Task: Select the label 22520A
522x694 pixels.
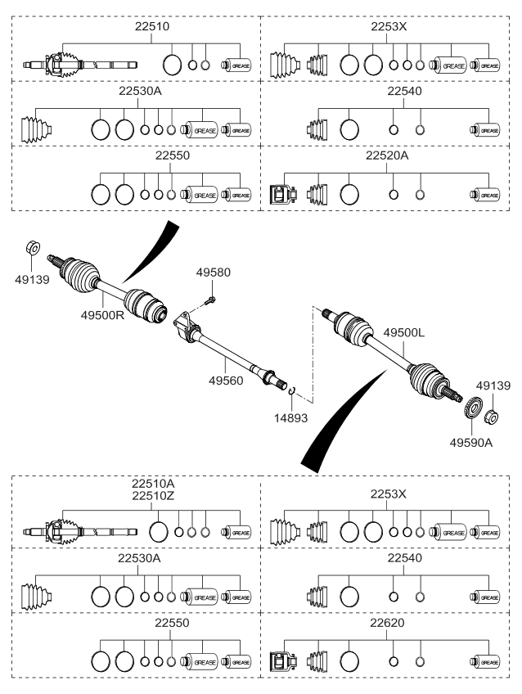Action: tap(386, 156)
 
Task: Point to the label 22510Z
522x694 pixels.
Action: tap(152, 495)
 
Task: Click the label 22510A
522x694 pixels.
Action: tap(152, 484)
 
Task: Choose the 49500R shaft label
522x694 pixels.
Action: tap(101, 315)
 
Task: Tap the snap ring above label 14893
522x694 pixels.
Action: tap(293, 394)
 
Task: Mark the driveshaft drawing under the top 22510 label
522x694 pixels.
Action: tap(79, 63)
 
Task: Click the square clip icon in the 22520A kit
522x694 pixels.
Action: tap(280, 195)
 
